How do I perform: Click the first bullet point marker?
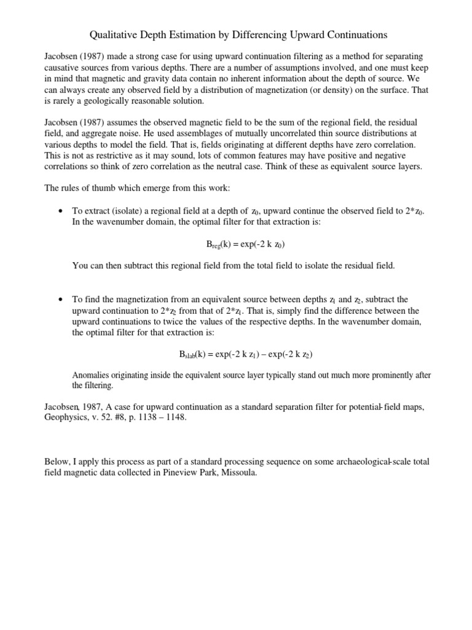[60, 211]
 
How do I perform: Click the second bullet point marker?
[60, 298]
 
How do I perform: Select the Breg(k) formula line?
[245, 244]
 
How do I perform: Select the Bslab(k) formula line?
[245, 354]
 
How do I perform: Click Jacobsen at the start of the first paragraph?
[63, 56]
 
